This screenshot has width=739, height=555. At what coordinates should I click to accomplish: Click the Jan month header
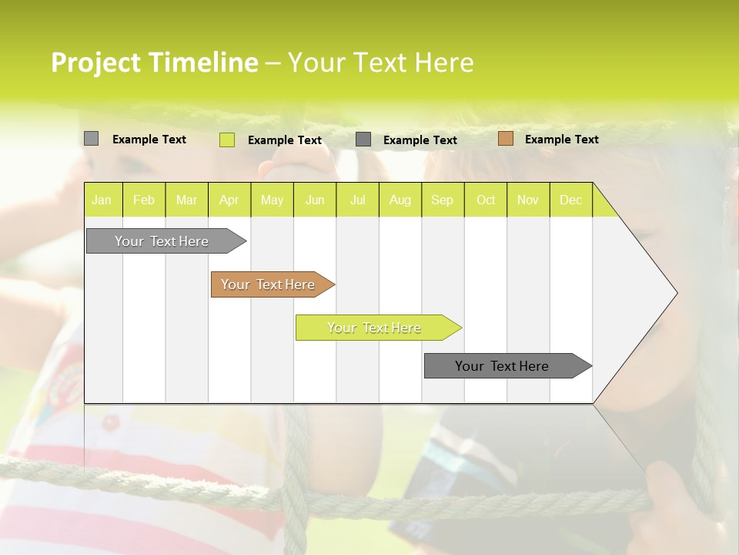(102, 200)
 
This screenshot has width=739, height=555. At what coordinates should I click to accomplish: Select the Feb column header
(144, 200)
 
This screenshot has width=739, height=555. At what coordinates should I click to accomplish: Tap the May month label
(272, 200)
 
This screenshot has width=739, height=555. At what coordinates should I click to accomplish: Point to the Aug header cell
(400, 200)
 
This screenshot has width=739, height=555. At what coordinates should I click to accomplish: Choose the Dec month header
(570, 200)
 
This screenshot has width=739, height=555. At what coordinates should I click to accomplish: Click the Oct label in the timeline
(486, 200)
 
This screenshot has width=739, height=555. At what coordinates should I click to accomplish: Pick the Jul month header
(357, 200)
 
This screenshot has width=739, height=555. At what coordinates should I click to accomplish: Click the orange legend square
(505, 139)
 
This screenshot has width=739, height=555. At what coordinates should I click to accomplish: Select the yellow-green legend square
(226, 140)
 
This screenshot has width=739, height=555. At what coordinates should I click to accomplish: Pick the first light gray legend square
(91, 139)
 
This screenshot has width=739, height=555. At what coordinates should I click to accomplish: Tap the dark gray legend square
(363, 139)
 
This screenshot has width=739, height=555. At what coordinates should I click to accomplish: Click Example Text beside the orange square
(561, 140)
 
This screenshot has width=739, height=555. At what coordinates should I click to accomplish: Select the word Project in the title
(95, 62)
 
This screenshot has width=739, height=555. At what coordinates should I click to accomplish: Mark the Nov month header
(528, 200)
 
